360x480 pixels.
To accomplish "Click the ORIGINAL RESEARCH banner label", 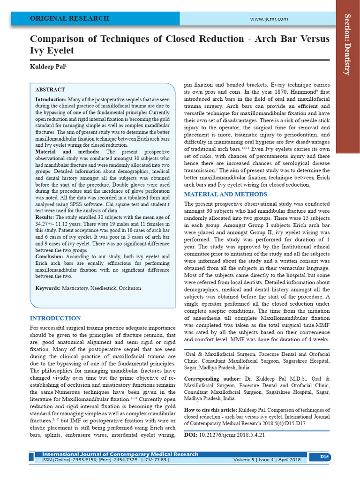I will coord(69,19).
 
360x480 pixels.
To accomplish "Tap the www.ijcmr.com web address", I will coord(269,19).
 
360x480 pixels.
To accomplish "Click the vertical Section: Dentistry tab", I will coord(347,45).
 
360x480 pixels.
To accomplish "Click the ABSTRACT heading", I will coord(50,90).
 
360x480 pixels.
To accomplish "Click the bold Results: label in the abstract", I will coord(45,218).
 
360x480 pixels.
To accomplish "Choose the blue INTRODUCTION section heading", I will coord(55,318).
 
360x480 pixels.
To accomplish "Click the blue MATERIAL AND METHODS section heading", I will coord(225,194).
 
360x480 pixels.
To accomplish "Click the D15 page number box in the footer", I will coord(324,457).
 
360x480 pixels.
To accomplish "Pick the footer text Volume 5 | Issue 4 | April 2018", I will coord(267,460).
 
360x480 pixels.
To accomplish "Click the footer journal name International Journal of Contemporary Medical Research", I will coord(120,454).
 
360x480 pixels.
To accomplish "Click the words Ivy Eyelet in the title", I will coord(52,50).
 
